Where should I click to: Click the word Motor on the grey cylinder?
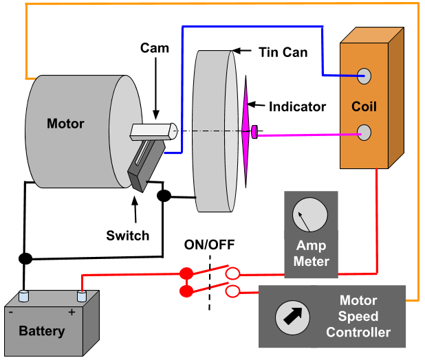pos(65,124)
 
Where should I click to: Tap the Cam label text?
pos(155,48)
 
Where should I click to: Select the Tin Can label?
pos(283,52)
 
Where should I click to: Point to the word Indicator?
pos(297,106)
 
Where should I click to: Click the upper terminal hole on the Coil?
pos(364,76)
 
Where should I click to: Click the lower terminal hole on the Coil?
pos(364,131)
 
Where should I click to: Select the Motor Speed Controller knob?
pos(289,317)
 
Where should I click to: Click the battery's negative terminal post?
pos(25,296)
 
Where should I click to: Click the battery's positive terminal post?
pos(81,296)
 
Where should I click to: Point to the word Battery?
pos(42,331)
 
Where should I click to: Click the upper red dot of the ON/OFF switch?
pos(186,273)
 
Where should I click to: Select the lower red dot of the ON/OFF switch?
pos(186,292)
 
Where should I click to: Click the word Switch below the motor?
pos(127,236)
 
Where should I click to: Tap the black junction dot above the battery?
pos(25,259)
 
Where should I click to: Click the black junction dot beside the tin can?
pos(164,196)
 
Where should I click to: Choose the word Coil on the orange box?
pos(364,107)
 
